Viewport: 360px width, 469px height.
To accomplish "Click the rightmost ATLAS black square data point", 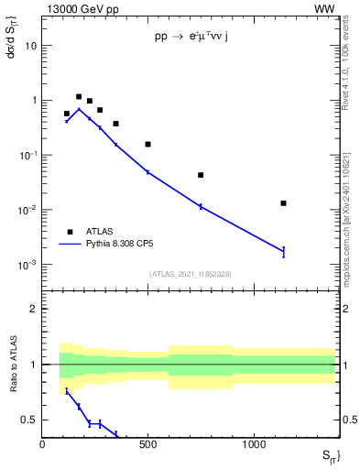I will pos(283,203).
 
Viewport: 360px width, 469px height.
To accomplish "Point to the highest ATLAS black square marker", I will pos(79,96).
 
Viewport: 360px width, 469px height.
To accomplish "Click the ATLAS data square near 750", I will pos(201,175).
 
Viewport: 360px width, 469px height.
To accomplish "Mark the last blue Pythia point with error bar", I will pos(283,251).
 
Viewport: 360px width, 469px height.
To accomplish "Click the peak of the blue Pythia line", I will pos(79,109).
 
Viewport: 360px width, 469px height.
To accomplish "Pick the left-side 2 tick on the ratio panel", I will pos(34,309).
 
